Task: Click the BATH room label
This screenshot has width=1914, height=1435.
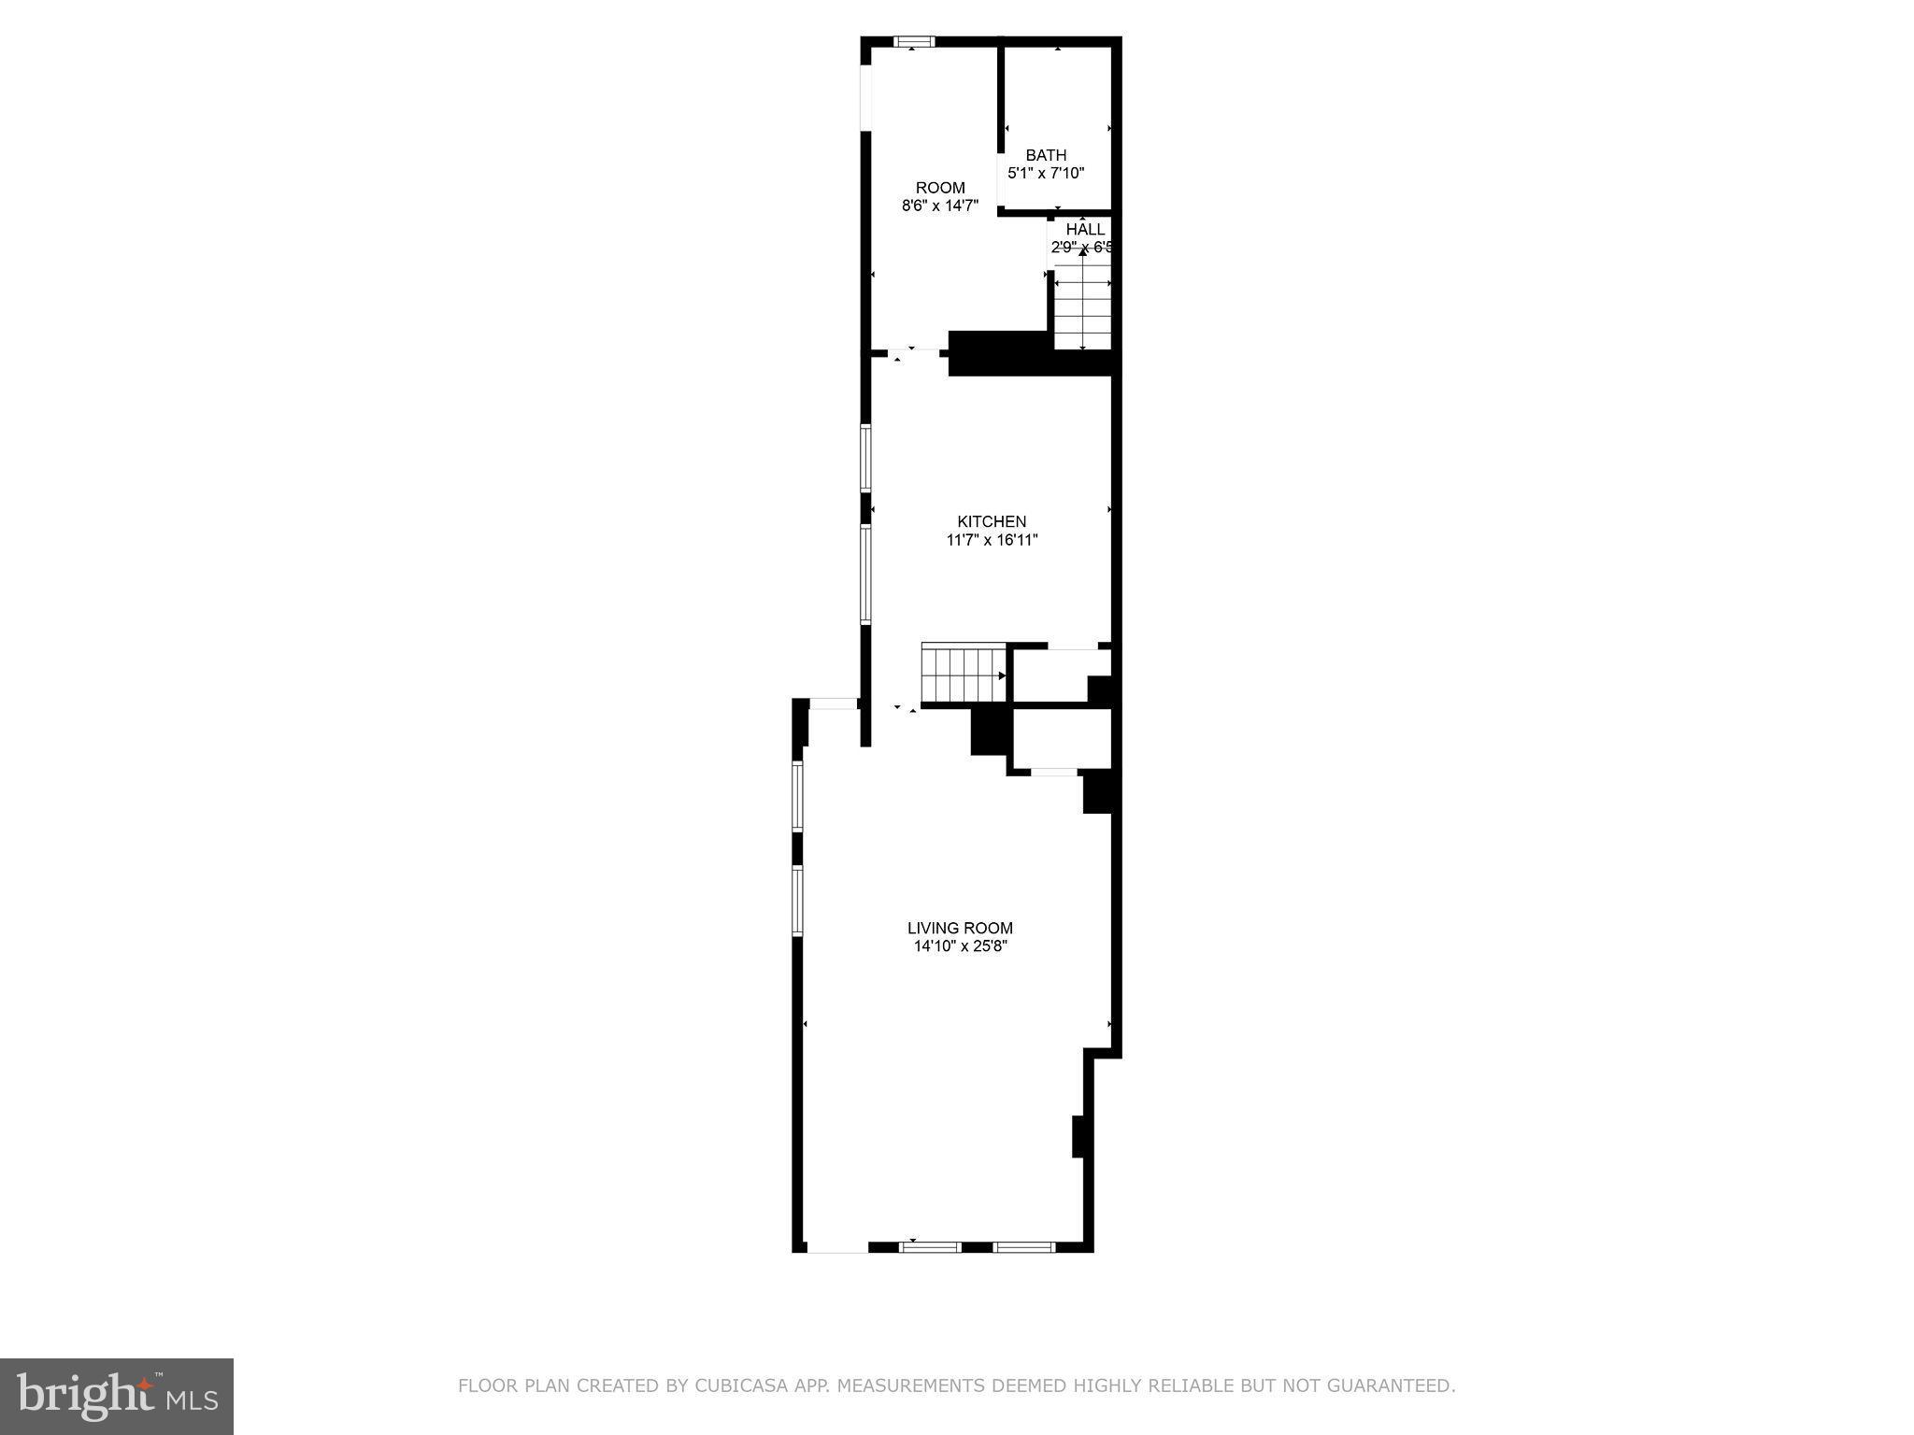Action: pos(1046,155)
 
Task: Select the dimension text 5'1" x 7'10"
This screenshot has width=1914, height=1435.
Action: pos(1046,173)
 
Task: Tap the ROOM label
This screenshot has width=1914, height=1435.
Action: pos(939,188)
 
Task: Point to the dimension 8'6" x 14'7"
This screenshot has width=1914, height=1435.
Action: pos(939,206)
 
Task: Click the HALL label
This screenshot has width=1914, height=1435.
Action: pos(1085,229)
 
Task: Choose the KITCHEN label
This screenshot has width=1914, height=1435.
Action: pos(992,521)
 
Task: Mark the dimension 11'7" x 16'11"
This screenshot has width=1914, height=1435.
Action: pos(992,540)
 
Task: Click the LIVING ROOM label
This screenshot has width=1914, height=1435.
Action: pos(960,928)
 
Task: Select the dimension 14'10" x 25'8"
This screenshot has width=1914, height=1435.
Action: pos(960,946)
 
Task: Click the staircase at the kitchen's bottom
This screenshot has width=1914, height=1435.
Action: pos(963,674)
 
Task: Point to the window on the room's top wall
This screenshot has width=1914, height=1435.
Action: pos(914,41)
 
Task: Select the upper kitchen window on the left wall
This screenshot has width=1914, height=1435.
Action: pos(865,458)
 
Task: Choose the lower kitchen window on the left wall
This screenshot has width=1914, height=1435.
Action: pos(865,575)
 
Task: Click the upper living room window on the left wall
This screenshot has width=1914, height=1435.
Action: pos(797,796)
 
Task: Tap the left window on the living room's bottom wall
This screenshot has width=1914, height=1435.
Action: pos(930,1246)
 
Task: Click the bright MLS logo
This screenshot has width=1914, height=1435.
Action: pos(117,1397)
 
